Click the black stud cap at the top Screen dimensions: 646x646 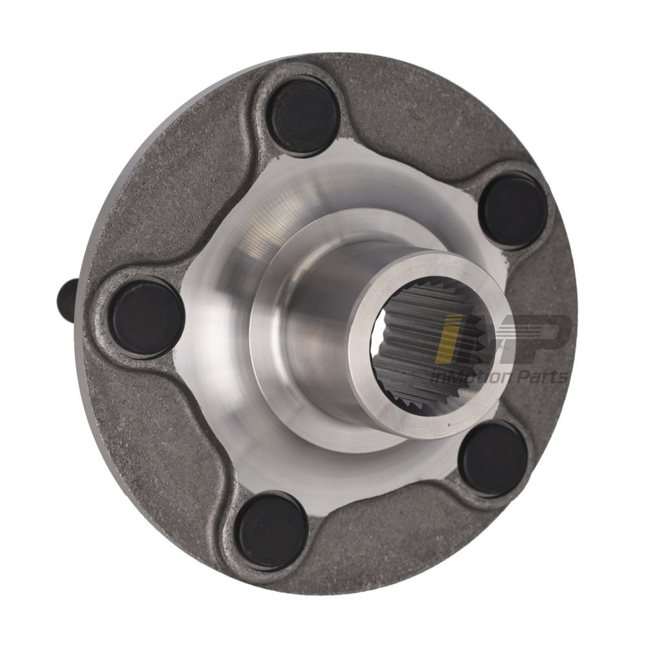304,116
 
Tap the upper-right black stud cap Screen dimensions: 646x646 514,211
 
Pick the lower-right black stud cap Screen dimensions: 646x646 493,458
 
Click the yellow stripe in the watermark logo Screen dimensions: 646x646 446,339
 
